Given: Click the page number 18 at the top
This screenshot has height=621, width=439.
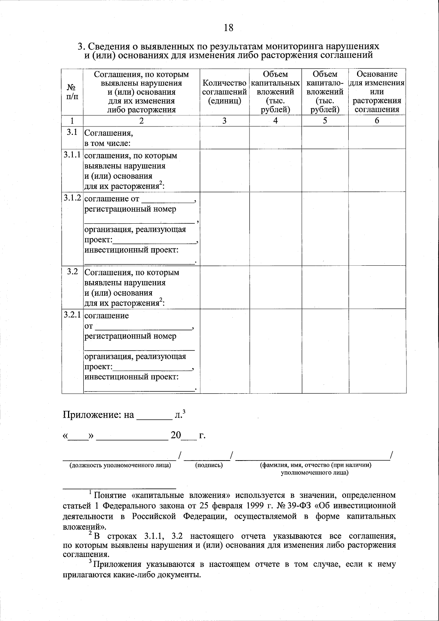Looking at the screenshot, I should pyautogui.click(x=228, y=27).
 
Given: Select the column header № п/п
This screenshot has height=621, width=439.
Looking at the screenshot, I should pyautogui.click(x=72, y=92).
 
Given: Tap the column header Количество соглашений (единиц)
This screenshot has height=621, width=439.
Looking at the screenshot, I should pyautogui.click(x=224, y=92).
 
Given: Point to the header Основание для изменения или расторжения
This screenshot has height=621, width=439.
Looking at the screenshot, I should pyautogui.click(x=377, y=92).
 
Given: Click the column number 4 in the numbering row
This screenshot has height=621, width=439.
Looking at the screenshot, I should pyautogui.click(x=275, y=121).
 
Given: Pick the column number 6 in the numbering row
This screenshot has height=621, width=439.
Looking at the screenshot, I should pyautogui.click(x=377, y=121).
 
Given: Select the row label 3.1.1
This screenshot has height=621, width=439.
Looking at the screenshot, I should pyautogui.click(x=72, y=155).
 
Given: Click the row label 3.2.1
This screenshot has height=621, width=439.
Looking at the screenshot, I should pyautogui.click(x=72, y=315).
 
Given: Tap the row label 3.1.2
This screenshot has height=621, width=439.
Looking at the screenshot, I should pyautogui.click(x=72, y=198).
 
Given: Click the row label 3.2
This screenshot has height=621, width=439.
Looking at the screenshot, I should pyautogui.click(x=72, y=272).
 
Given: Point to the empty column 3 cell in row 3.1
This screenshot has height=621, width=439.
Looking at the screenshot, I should pyautogui.click(x=224, y=137).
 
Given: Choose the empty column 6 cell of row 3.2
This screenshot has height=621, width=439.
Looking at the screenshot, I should pyautogui.click(x=377, y=287).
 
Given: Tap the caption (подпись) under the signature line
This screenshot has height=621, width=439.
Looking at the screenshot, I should pyautogui.click(x=209, y=465).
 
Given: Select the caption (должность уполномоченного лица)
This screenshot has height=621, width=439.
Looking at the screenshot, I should pyautogui.click(x=120, y=465).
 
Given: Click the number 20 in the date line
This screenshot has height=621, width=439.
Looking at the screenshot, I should pyautogui.click(x=176, y=435).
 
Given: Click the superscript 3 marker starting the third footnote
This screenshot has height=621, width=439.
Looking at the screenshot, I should pyautogui.click(x=90, y=562).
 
